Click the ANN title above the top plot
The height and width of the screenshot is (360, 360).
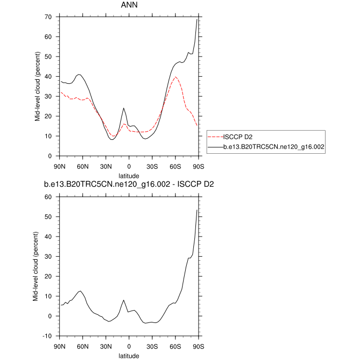point(129,7)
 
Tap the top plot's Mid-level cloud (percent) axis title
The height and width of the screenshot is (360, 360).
point(38,86)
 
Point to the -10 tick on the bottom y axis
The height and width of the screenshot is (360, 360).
point(49,336)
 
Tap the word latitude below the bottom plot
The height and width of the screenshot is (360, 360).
point(129,355)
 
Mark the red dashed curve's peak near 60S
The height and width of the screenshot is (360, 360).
point(175,77)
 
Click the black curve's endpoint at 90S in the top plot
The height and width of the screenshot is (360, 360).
point(197,20)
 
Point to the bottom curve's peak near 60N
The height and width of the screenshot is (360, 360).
point(80,291)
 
